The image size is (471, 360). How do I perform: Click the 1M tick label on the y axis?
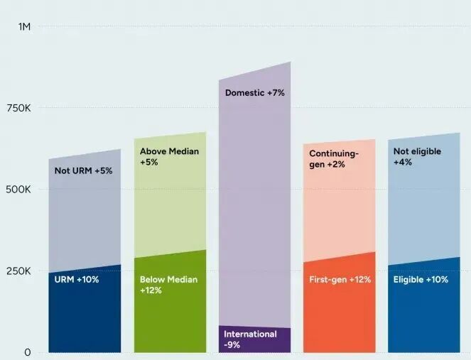coord(25,27)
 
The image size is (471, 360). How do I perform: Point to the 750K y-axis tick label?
coord(19,108)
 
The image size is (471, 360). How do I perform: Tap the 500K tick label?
coord(19,190)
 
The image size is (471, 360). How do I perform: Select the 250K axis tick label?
coord(19,271)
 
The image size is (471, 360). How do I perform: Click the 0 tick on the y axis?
coord(28,352)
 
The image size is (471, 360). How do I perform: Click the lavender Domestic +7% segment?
coord(254,213)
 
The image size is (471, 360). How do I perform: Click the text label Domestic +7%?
coord(254,93)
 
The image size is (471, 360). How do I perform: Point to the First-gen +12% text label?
coord(340,280)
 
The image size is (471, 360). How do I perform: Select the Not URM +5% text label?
coord(83,171)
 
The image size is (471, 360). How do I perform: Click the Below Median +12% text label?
coord(168,285)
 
